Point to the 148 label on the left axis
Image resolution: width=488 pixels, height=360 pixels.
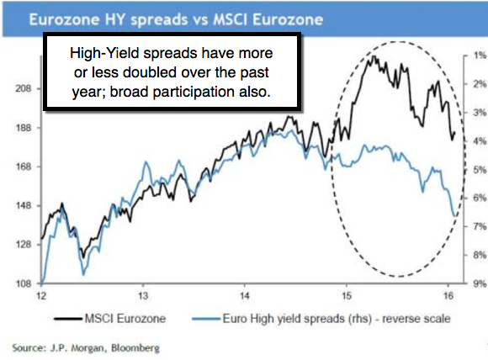[x=24, y=206]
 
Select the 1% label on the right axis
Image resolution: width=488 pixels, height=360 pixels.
[x=480, y=56]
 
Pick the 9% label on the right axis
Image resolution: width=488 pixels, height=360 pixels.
[x=480, y=283]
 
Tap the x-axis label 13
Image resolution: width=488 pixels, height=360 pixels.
[x=143, y=295]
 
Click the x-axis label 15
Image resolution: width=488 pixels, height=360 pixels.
[x=346, y=295]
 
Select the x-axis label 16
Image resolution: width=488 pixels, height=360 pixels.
[x=448, y=295]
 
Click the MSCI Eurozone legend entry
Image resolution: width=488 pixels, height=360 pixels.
[x=110, y=319]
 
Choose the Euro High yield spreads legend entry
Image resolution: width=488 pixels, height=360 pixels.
[x=321, y=319]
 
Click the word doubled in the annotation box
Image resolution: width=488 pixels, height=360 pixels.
[x=149, y=72]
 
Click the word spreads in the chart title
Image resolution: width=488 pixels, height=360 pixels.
[x=159, y=20]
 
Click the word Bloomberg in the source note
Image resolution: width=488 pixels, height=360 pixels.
[x=135, y=348]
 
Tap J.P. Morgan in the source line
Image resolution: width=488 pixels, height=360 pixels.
[x=77, y=348]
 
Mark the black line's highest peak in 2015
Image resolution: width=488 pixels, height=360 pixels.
[x=374, y=56]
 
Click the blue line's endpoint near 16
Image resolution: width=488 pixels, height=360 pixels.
[x=454, y=215]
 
